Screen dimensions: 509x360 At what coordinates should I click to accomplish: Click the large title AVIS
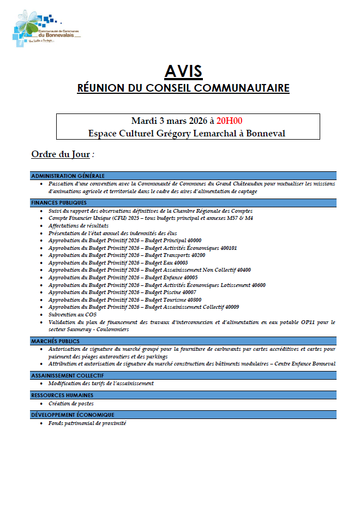[x=183, y=71]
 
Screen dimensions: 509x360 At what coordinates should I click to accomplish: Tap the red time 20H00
[x=229, y=121]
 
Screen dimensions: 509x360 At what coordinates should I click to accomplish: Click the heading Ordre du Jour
[x=61, y=154]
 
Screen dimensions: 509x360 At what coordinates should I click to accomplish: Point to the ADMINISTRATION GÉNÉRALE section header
[x=68, y=176]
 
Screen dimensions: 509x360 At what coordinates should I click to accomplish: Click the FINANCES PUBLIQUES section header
[x=59, y=202]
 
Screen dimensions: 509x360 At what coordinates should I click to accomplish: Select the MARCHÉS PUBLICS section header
[x=55, y=341]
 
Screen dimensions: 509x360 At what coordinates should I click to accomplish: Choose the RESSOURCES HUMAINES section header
[x=62, y=395]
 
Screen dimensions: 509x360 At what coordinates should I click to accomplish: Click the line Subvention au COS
[x=72, y=315]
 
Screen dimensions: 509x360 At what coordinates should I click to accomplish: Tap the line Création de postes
[x=71, y=404]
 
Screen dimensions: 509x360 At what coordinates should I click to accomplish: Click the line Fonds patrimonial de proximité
[x=87, y=423]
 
